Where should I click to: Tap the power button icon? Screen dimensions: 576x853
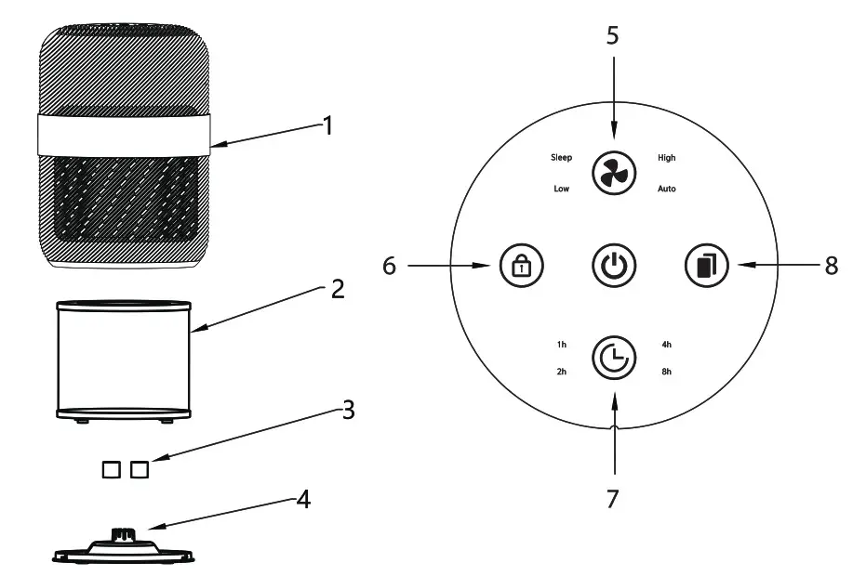tap(613, 266)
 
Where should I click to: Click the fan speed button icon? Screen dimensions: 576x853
tap(613, 173)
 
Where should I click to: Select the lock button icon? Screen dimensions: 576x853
tap(520, 266)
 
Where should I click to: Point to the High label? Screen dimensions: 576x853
tap(666, 158)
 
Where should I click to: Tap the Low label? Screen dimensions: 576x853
tap(561, 189)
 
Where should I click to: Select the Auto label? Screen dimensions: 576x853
tap(667, 189)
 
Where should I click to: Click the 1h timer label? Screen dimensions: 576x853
tap(561, 345)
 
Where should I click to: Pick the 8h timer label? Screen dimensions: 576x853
tap(666, 372)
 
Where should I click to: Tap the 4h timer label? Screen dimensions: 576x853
tap(666, 345)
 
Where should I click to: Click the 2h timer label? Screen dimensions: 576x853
tap(561, 372)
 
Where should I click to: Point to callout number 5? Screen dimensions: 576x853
tap(612, 36)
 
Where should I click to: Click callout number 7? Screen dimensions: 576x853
tap(612, 498)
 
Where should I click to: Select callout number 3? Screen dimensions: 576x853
tap(348, 410)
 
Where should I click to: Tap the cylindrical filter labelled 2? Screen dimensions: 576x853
tap(125, 358)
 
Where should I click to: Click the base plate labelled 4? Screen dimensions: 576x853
tap(125, 549)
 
